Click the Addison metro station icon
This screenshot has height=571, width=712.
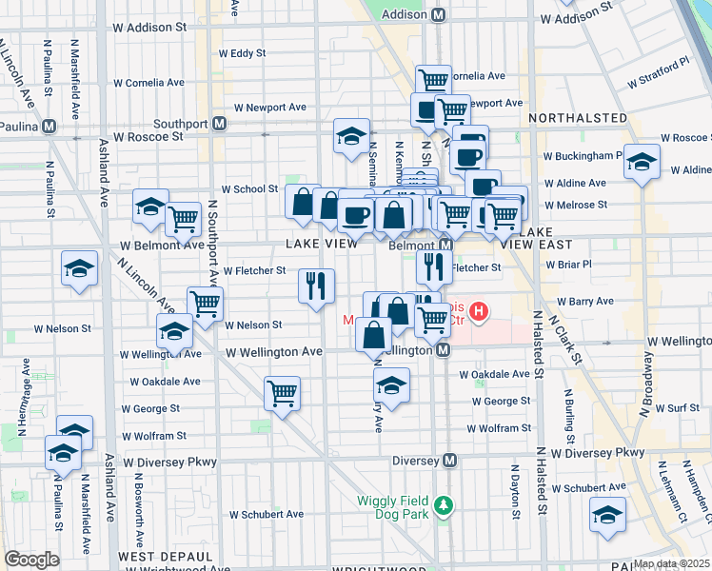pyautogui.click(x=439, y=15)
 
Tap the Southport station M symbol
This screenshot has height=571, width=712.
pyautogui.click(x=219, y=124)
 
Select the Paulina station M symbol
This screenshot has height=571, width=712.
pyautogui.click(x=48, y=125)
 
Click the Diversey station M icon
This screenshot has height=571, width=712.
pyautogui.click(x=450, y=461)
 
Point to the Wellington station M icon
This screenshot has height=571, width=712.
pyautogui.click(x=443, y=350)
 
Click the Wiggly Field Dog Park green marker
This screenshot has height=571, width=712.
pyautogui.click(x=442, y=504)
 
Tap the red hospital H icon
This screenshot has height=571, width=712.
pyautogui.click(x=479, y=310)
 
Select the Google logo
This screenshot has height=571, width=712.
pyautogui.click(x=31, y=560)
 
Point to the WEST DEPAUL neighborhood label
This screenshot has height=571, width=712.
pyautogui.click(x=166, y=556)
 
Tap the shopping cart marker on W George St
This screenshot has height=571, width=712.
pyautogui.click(x=282, y=391)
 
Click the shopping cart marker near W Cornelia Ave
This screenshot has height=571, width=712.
pyautogui.click(x=434, y=81)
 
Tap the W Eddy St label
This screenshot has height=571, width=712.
pyautogui.click(x=242, y=53)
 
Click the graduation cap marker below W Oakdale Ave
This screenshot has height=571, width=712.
pyautogui.click(x=390, y=385)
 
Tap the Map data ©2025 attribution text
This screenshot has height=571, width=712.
pyautogui.click(x=672, y=563)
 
